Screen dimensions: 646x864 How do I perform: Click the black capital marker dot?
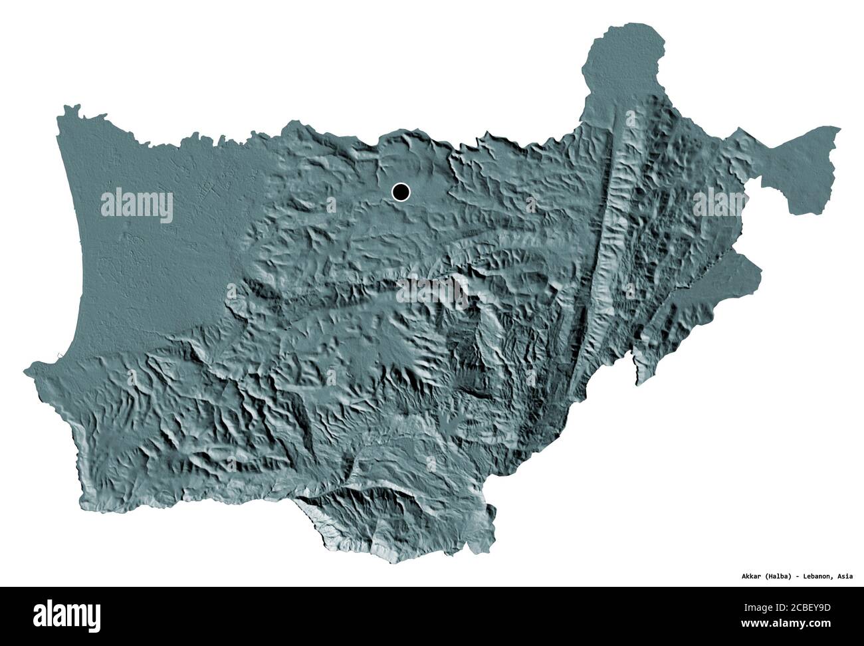coord(401,193)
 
